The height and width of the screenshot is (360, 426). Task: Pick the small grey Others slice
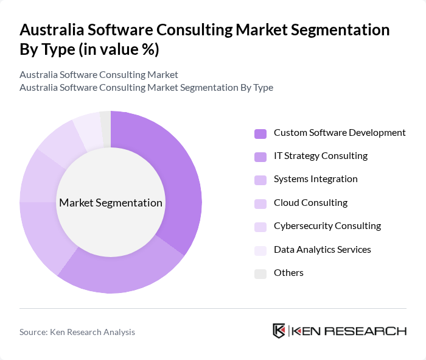(105, 129)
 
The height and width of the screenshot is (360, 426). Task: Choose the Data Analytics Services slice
(87, 132)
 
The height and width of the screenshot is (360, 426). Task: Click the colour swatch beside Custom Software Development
(260, 133)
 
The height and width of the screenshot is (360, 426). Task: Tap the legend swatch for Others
(260, 274)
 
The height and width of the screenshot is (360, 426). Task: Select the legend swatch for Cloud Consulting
(260, 203)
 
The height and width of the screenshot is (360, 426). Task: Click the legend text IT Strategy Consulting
(320, 156)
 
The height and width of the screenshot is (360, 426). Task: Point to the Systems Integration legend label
(315, 179)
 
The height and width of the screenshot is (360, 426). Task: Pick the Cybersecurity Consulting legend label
(327, 226)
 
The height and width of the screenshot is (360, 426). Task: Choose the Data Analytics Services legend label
(322, 250)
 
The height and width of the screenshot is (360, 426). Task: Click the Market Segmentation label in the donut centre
(111, 203)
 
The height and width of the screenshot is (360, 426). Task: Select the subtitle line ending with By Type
(146, 88)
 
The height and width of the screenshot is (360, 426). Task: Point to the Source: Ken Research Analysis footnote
(77, 332)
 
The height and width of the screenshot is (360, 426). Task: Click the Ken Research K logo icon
(279, 331)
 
